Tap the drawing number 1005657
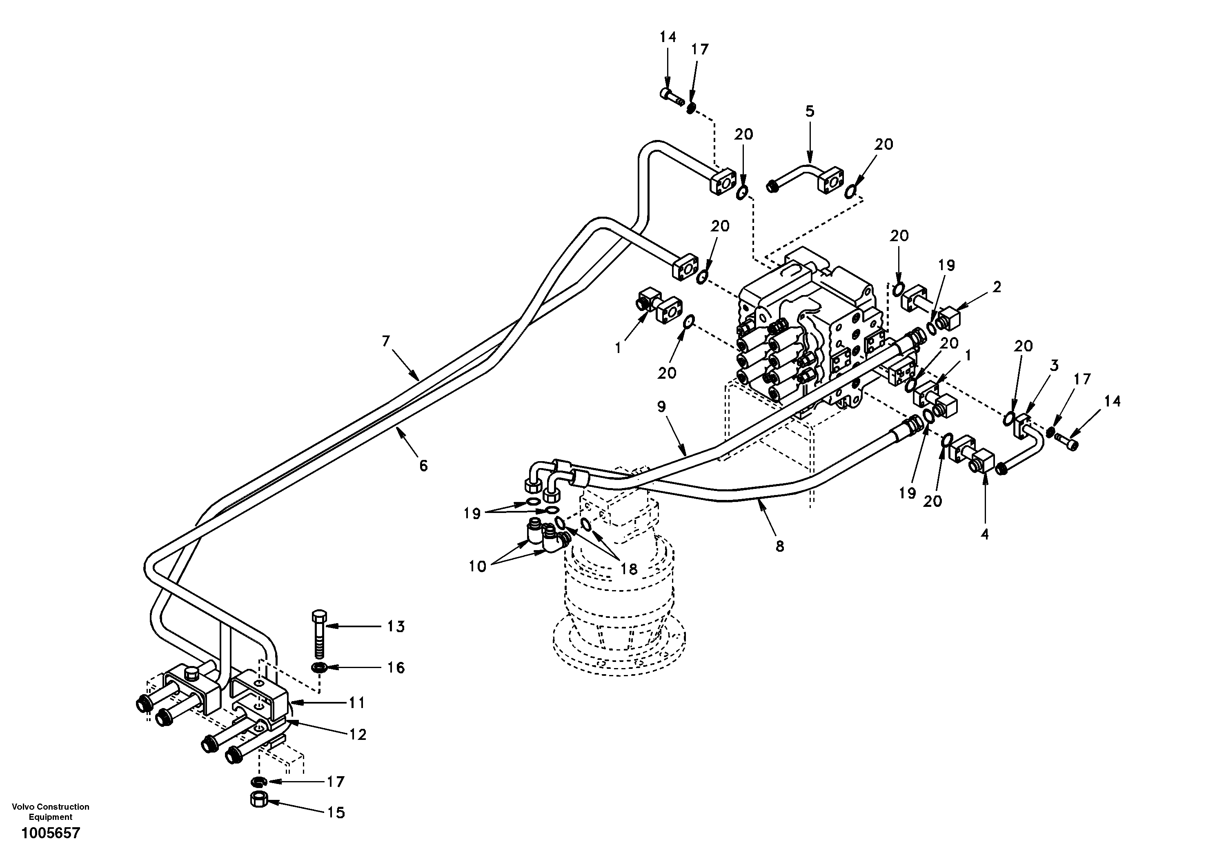50,833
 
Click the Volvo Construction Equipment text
50,812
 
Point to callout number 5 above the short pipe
810,112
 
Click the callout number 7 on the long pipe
386,341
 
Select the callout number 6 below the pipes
423,466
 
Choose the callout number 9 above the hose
661,407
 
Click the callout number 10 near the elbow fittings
477,566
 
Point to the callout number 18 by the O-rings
629,569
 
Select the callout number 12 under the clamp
358,735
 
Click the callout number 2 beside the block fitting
997,287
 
